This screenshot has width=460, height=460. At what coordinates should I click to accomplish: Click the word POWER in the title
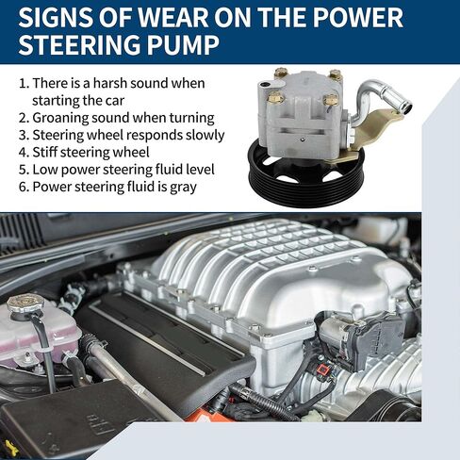point(357,18)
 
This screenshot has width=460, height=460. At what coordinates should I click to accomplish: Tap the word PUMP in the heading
point(183,45)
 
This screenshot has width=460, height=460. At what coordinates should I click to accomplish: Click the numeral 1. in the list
point(24,84)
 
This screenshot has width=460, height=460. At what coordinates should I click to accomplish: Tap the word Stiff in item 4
point(44,152)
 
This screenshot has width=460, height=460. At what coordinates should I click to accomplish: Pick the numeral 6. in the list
point(24,187)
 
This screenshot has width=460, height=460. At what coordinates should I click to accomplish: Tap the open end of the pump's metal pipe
point(406,107)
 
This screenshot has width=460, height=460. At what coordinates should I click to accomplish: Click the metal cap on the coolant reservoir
point(25,304)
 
